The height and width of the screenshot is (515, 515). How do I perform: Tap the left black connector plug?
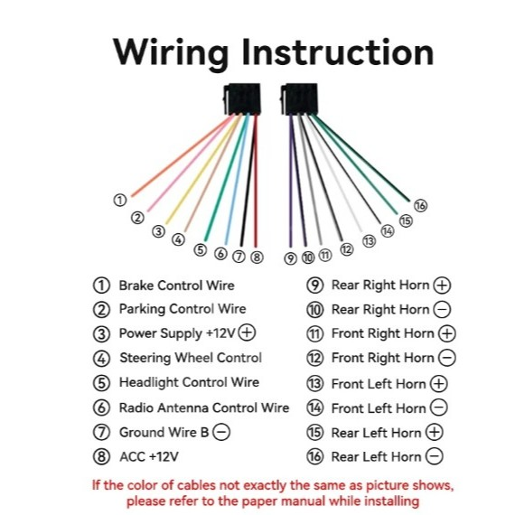(242, 98)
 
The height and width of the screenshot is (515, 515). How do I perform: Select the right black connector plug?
(299, 98)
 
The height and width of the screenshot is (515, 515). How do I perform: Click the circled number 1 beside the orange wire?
(120, 200)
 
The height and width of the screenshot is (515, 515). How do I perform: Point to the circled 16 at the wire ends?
(420, 206)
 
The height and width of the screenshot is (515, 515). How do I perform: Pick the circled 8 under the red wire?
(257, 257)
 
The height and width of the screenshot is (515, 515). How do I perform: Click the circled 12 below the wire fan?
(347, 249)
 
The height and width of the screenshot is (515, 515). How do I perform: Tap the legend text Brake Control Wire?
(177, 286)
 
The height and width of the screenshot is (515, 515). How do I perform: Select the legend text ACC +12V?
(149, 457)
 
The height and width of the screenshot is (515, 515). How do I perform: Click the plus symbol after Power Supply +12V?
(247, 332)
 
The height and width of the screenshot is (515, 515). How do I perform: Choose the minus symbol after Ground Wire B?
(221, 432)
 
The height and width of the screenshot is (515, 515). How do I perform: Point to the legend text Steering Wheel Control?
(191, 358)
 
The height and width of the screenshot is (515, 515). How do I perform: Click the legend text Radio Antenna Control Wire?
(204, 407)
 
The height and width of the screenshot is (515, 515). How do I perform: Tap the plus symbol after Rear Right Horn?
(442, 286)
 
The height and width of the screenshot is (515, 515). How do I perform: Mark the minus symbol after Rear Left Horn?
(435, 456)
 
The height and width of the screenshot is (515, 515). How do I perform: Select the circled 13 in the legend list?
(315, 383)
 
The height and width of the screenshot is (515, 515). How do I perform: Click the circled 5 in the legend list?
(101, 383)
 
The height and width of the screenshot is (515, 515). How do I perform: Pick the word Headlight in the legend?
(149, 383)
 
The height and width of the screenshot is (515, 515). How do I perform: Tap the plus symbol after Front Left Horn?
(439, 383)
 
